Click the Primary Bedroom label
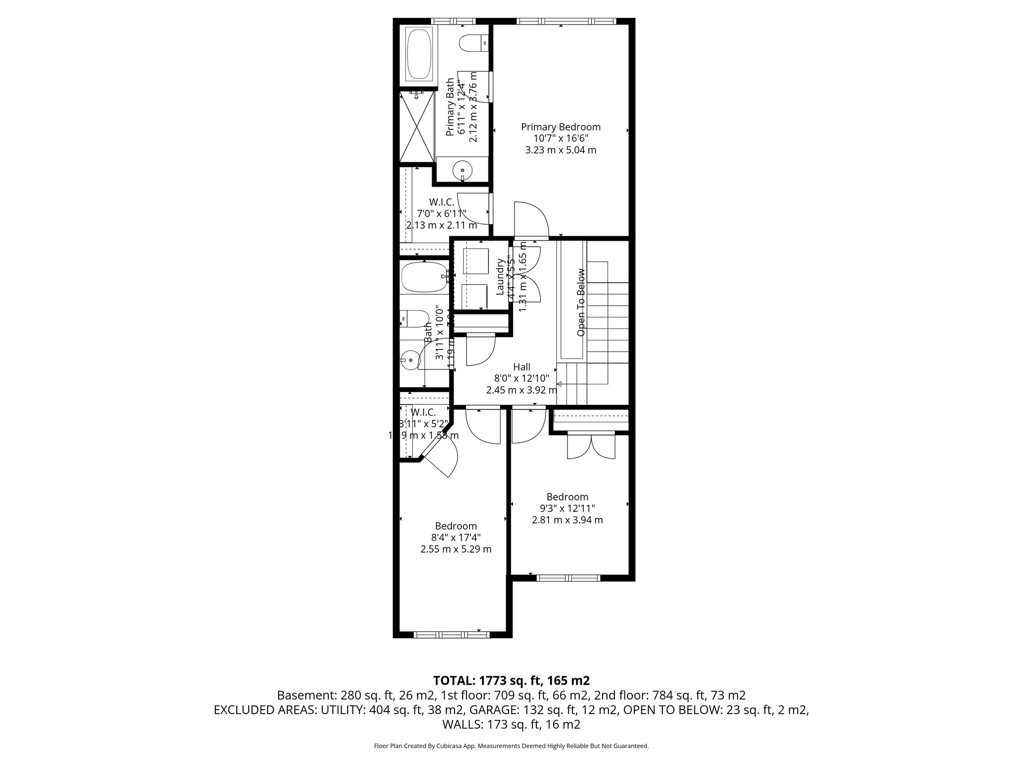tap(560, 127)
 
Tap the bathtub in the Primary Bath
tap(419, 54)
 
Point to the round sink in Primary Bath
tap(463, 171)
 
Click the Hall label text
tap(521, 367)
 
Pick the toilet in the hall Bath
tap(414, 319)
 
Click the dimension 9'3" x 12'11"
tap(567, 508)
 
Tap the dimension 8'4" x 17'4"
tap(456, 537)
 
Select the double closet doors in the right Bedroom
tap(590, 446)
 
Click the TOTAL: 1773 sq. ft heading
tap(511, 680)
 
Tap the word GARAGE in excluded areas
tap(500, 710)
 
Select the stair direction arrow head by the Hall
tap(559, 383)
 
